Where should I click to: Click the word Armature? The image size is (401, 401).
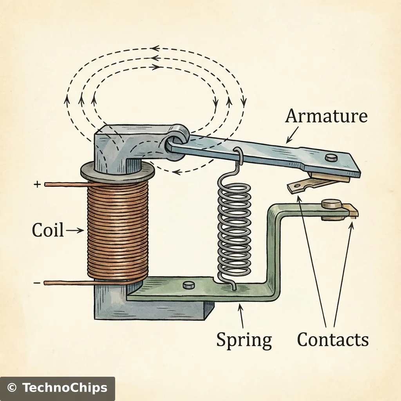click(x=326, y=116)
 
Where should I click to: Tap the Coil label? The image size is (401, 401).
click(x=47, y=230)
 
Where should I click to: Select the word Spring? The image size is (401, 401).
click(x=244, y=340)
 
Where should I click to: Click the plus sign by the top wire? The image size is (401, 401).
click(x=37, y=184)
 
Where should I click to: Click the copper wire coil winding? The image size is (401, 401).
click(x=117, y=231)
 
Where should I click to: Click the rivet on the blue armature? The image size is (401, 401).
click(x=332, y=157)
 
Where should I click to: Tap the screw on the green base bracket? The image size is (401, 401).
click(x=189, y=285)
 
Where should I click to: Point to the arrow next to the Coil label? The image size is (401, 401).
click(x=76, y=231)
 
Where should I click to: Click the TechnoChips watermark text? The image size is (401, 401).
click(x=65, y=388)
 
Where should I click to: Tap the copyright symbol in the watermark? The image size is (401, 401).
click(x=13, y=388)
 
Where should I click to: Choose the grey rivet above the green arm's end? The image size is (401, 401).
click(x=328, y=203)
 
